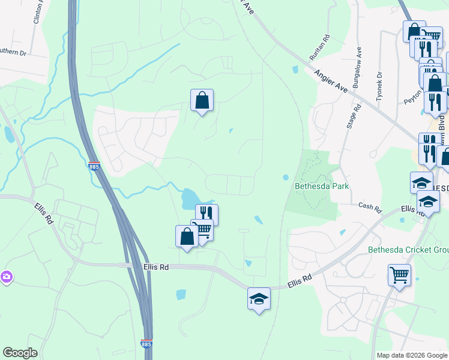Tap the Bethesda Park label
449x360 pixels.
tap(322, 186)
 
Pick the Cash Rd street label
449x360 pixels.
tap(370, 208)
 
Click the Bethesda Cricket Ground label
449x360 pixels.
tap(408, 250)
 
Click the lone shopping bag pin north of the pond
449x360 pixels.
tap(202, 101)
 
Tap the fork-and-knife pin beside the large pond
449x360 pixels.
tap(206, 214)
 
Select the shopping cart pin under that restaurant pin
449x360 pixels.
tap(202, 230)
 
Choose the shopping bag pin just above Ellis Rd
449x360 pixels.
tap(187, 236)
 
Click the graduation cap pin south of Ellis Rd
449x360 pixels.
tap(259, 299)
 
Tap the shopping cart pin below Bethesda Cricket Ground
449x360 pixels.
tap(399, 275)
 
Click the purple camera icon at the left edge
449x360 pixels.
tap(6, 277)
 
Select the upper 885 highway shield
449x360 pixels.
tap(93, 166)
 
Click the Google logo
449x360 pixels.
tap(20, 353)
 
